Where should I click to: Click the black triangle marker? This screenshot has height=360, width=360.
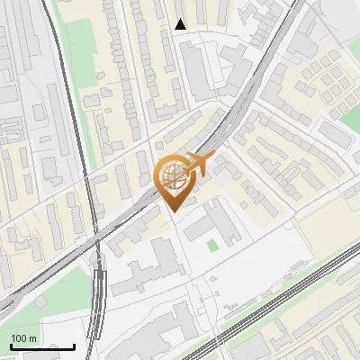181,24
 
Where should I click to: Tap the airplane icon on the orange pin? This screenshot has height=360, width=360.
197,164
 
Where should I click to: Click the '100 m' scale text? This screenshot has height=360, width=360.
23,338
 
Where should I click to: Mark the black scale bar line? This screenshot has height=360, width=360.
42,346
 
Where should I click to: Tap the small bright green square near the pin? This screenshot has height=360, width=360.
212,245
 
